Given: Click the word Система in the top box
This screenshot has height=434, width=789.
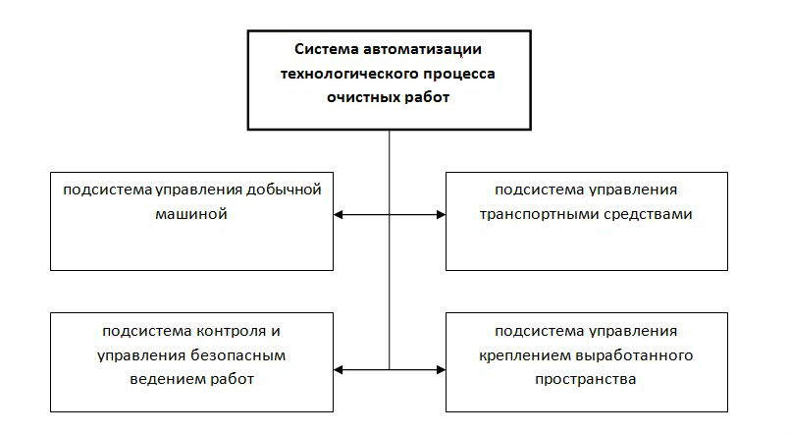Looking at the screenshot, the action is pos(326,49).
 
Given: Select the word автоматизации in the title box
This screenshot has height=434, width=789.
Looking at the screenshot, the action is pos(422,49).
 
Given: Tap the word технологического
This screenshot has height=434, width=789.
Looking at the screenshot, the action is pos(348,74).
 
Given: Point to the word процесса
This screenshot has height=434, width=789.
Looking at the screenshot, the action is pos(459,75).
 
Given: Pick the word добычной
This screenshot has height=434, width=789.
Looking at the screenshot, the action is pos(284,190).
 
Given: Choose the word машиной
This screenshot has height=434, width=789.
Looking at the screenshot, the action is pos(191,214).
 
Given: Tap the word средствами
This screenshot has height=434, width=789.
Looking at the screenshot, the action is pos(648,214).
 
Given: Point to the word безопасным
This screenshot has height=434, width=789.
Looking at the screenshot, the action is pos(238,355).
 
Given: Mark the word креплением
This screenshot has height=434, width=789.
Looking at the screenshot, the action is pos(524,356).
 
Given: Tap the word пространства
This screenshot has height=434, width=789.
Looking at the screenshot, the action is pos(586,380).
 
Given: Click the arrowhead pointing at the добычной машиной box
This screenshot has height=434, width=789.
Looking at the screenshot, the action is pos(339,214).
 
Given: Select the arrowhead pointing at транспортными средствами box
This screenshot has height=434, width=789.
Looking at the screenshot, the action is pos(441,214).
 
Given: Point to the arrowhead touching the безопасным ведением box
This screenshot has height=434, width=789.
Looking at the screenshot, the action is pos(339,370).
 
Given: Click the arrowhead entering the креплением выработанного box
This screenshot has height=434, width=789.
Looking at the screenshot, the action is pos(441,370).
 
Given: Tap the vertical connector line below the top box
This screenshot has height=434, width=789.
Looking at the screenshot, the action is pos(389,250).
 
